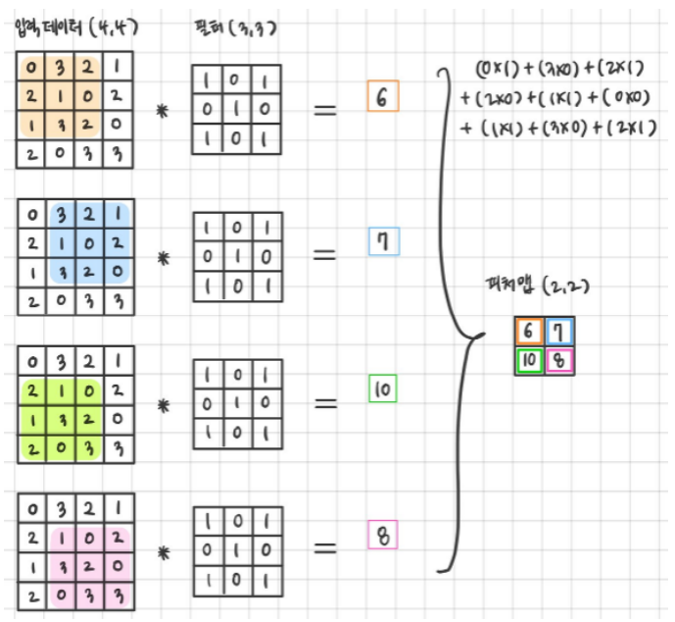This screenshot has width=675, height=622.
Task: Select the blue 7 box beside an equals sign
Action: (x=382, y=241)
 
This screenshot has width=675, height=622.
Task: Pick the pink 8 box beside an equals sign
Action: (x=381, y=536)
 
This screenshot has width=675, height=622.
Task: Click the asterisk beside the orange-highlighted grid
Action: (x=164, y=112)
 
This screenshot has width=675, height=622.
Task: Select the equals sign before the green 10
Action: (x=324, y=402)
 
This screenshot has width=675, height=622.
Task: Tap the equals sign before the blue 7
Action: (x=324, y=255)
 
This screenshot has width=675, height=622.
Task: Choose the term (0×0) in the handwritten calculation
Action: (x=621, y=99)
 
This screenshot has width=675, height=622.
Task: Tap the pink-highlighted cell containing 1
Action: (x=63, y=540)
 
